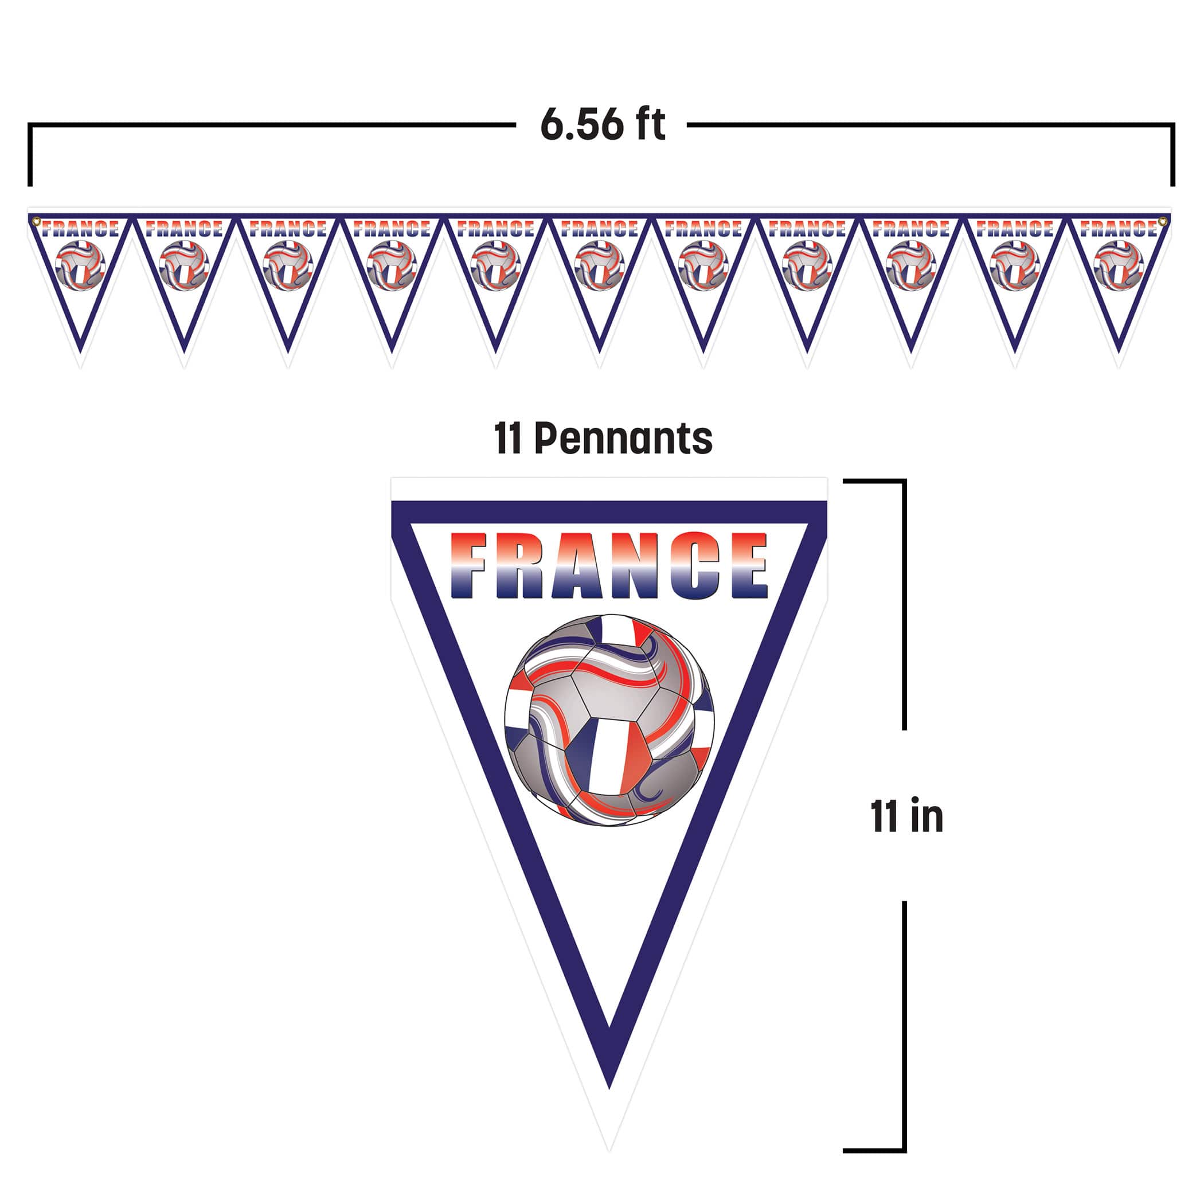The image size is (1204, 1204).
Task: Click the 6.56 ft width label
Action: tap(603, 124)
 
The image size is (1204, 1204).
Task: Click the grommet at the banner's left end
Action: tap(36, 221)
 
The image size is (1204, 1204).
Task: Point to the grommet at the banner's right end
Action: tap(1162, 221)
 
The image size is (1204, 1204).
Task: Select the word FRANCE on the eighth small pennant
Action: tap(807, 229)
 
